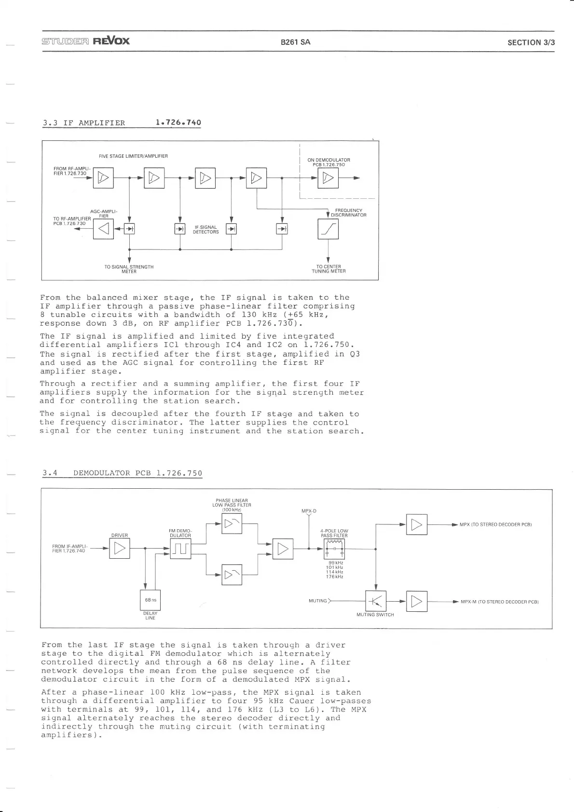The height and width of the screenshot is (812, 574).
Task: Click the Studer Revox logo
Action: (86, 41)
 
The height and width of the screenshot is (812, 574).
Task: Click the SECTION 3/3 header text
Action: (531, 42)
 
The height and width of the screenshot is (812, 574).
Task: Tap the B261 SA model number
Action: (295, 42)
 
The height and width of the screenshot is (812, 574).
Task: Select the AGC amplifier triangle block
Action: (103, 229)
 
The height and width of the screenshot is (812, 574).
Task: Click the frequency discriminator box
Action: (328, 229)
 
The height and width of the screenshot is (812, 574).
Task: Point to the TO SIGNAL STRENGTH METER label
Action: (129, 269)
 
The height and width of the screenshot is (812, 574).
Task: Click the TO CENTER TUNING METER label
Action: (328, 269)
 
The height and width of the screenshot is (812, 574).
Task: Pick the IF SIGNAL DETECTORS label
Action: (206, 229)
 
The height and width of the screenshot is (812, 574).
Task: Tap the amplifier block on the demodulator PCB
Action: (328, 178)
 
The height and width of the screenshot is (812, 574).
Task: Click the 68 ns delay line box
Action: (150, 600)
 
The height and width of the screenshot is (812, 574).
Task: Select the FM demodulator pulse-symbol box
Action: (180, 549)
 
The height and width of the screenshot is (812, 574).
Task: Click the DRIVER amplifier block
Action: (120, 549)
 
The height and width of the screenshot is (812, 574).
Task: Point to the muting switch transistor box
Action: (376, 601)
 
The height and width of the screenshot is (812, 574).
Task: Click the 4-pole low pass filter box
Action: (334, 549)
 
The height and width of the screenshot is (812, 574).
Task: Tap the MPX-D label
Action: (309, 511)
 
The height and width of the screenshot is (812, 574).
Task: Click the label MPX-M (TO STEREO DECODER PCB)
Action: (499, 602)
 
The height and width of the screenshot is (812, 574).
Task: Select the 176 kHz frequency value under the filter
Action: (334, 577)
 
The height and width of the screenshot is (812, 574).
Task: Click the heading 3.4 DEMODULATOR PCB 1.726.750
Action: (122, 473)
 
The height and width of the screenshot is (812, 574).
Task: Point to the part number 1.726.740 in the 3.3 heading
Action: (178, 123)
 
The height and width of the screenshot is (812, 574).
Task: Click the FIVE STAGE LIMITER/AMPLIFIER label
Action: (133, 156)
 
